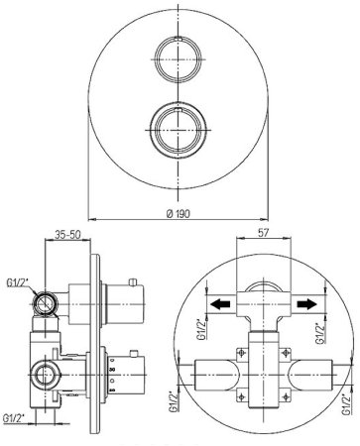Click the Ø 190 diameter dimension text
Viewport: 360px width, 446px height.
click(x=179, y=214)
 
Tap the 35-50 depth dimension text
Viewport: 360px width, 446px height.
click(x=67, y=235)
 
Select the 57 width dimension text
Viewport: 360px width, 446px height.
click(x=263, y=233)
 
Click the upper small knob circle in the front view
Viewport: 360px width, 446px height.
click(x=178, y=59)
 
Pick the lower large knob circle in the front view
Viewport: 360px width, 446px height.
click(x=179, y=130)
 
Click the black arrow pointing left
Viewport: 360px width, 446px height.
click(x=221, y=303)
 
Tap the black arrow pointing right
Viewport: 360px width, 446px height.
click(x=307, y=303)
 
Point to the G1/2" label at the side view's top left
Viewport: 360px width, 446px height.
click(x=18, y=282)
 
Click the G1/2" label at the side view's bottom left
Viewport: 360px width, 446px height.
click(x=15, y=418)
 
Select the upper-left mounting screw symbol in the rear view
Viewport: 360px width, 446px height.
click(x=242, y=354)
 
